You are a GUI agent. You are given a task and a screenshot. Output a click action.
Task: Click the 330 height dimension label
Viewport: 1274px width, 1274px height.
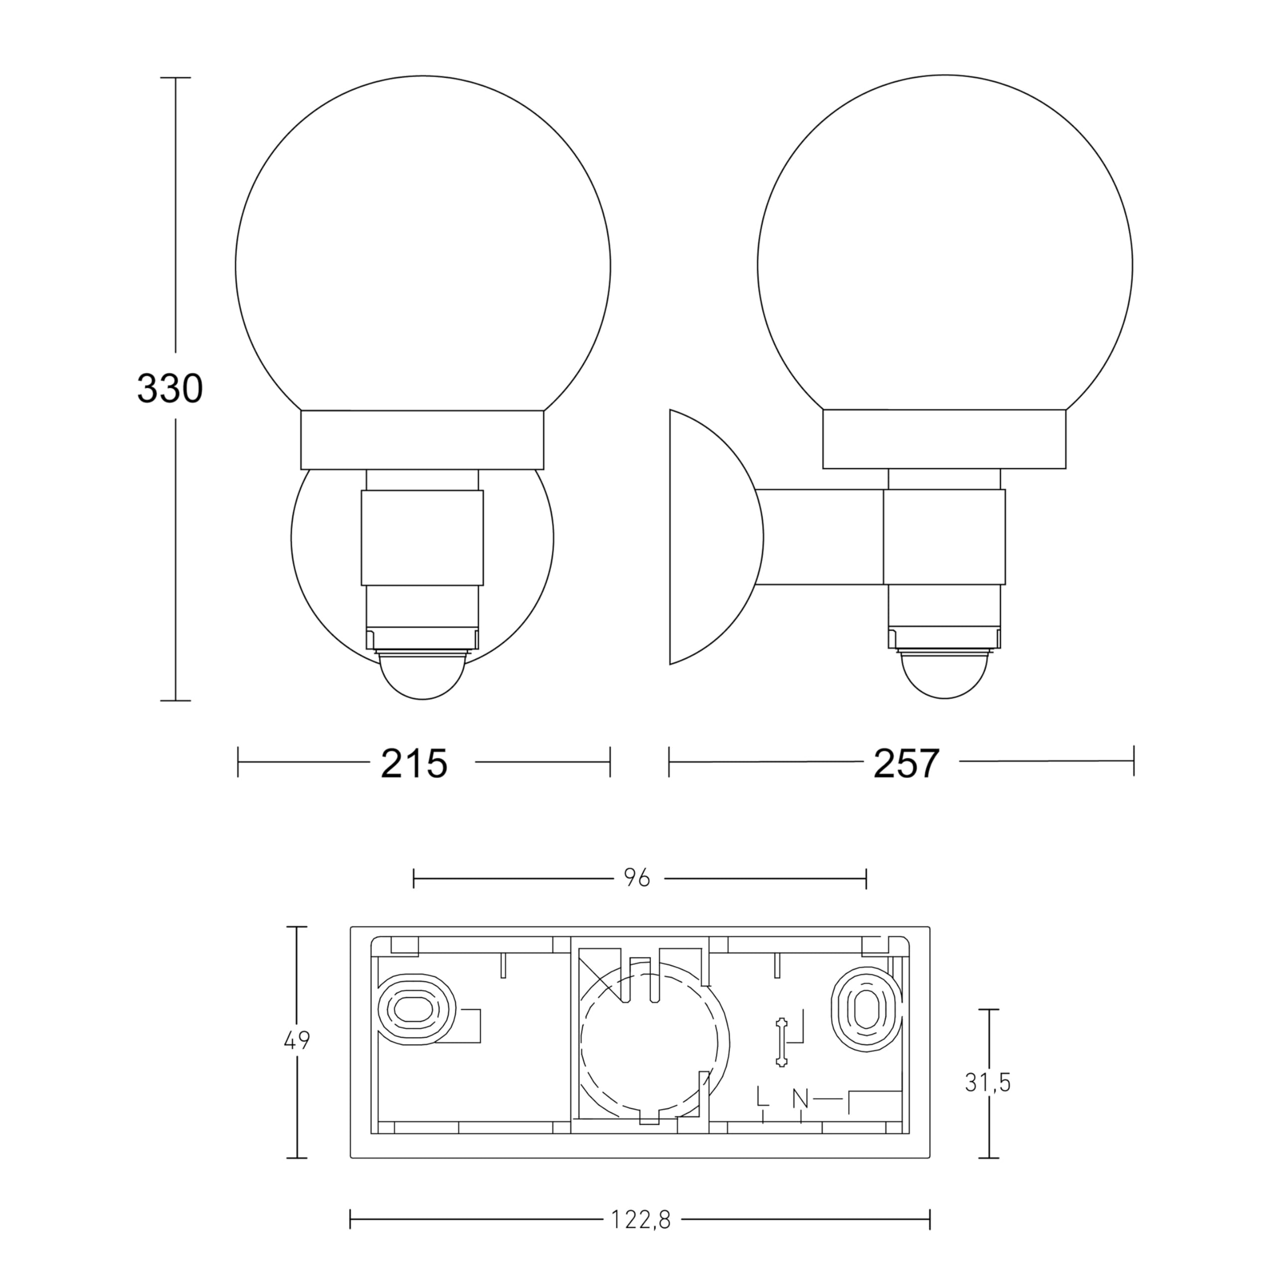click(170, 389)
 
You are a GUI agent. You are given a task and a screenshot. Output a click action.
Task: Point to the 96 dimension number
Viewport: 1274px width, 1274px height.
click(637, 878)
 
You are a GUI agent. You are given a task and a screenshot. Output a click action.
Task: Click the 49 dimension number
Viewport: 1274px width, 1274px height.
click(296, 1041)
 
